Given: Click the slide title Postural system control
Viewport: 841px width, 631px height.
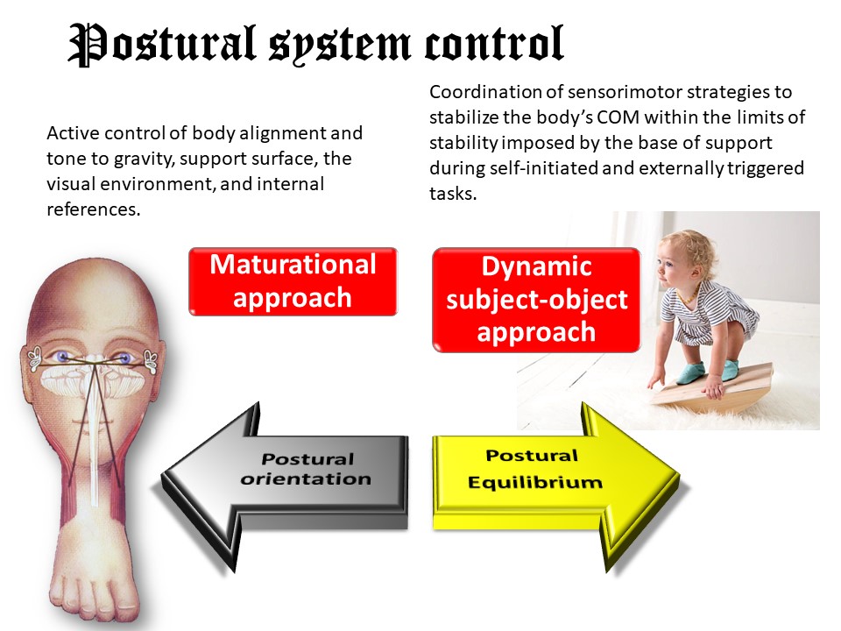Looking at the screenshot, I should (315, 44).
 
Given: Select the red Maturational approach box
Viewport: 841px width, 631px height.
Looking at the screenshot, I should (293, 281).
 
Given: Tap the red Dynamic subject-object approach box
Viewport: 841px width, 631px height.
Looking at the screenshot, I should (536, 299).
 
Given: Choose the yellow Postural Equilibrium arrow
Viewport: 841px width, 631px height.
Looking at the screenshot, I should (552, 473).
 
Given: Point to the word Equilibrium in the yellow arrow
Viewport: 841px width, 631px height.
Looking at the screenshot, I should (534, 483).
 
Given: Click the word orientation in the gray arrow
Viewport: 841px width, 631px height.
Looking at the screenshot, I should (306, 479).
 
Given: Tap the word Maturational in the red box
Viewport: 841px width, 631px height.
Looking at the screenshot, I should (293, 265).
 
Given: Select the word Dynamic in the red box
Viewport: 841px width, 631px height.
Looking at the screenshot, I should (537, 266).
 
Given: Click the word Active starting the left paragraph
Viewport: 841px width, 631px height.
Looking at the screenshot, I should (71, 134).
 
